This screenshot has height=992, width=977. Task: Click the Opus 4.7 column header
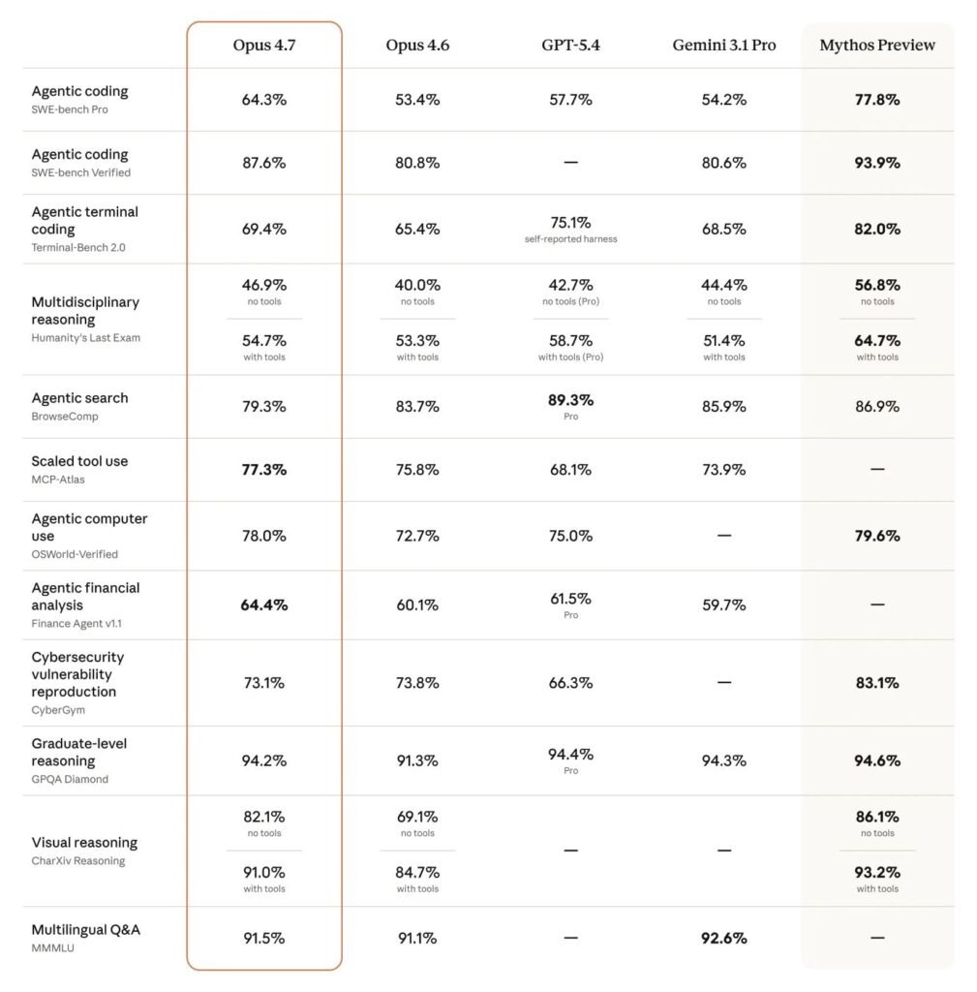click(x=263, y=46)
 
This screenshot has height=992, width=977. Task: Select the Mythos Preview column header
click(x=877, y=46)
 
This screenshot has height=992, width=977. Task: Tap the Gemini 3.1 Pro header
click(x=723, y=46)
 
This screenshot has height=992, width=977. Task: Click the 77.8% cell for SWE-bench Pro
click(x=877, y=100)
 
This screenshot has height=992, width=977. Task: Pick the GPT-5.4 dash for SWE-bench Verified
click(x=570, y=163)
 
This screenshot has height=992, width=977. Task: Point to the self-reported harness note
click(x=570, y=239)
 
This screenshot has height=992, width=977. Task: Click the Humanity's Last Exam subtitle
click(x=85, y=337)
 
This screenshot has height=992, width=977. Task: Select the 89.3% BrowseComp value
click(x=570, y=400)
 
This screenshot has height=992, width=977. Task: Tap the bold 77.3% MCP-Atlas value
click(x=263, y=470)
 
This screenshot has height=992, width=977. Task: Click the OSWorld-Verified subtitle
click(x=75, y=554)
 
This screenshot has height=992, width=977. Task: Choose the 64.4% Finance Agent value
click(x=263, y=605)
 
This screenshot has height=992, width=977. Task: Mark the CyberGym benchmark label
click(x=58, y=710)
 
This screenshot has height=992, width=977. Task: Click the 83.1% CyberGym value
click(x=877, y=683)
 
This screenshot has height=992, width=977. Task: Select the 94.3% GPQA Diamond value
click(x=723, y=761)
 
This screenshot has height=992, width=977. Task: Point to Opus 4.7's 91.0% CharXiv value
click(x=263, y=873)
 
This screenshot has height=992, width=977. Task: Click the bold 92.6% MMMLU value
click(x=723, y=939)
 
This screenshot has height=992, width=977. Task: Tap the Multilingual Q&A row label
click(x=85, y=930)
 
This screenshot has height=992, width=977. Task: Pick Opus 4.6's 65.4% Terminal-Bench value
click(x=417, y=230)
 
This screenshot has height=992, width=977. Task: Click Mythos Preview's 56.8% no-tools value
click(x=877, y=286)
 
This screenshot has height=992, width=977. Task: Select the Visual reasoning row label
click(x=84, y=843)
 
